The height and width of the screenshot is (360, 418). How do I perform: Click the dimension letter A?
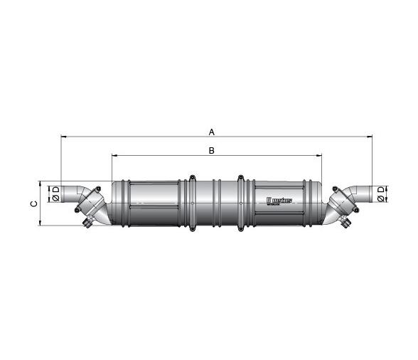(211, 131)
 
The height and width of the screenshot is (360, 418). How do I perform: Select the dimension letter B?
(211, 151)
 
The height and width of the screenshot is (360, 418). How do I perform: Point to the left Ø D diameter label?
(55, 193)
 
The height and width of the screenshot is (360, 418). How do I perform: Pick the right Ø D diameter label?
(381, 193)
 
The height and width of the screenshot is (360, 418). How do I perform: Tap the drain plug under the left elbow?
(87, 225)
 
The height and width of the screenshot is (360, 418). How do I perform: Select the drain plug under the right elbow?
(346, 225)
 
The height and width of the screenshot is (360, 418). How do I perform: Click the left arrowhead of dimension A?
(64, 137)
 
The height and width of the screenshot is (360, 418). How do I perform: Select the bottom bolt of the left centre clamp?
(192, 229)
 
